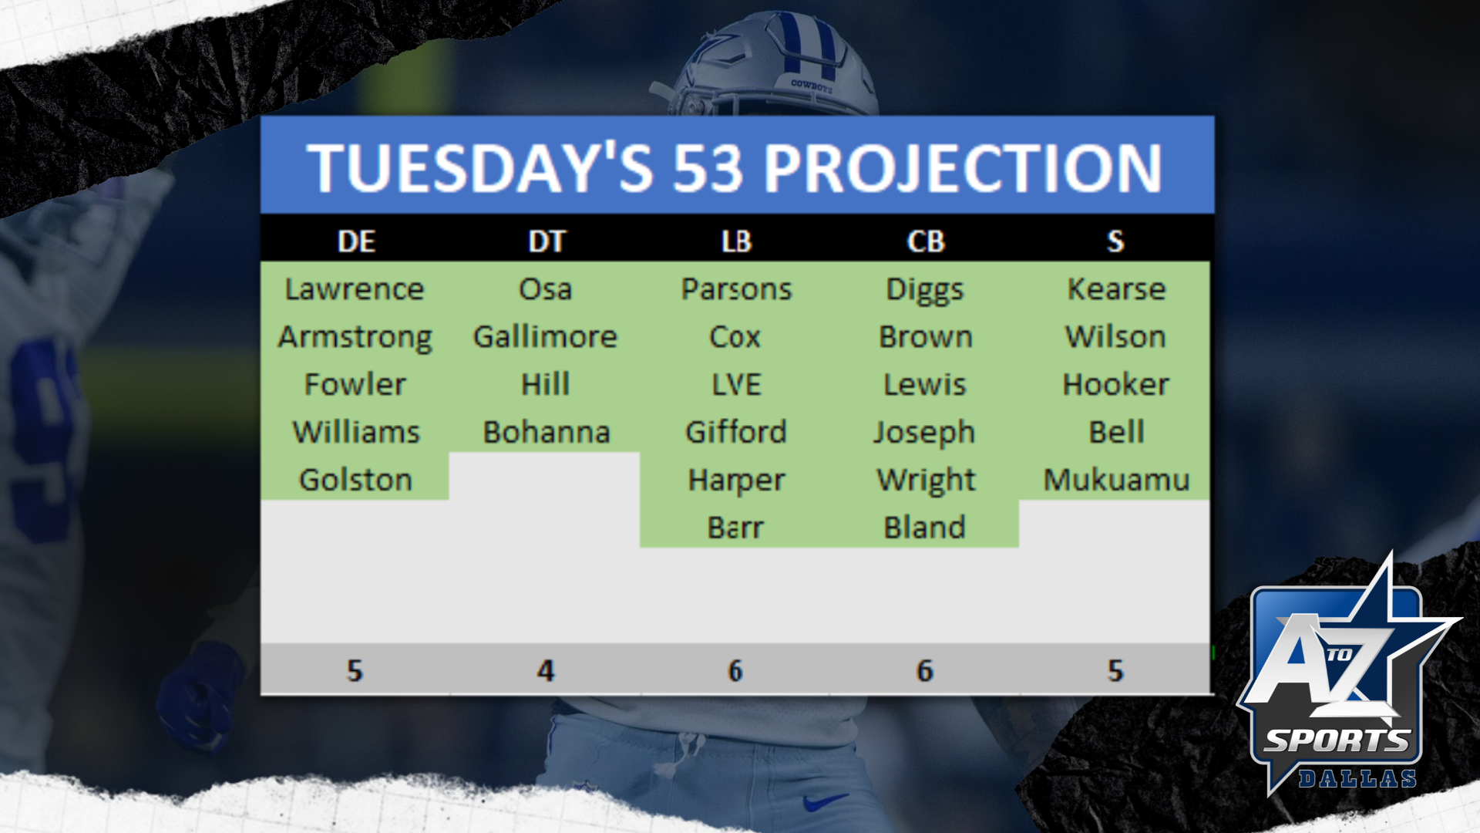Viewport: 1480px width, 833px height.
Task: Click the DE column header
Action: pos(356,241)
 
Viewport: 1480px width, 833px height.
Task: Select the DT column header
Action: pos(547,241)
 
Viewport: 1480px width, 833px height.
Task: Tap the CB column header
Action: pos(926,241)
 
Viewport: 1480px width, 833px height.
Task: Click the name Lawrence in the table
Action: pos(355,289)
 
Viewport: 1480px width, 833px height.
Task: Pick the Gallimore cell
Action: pos(545,337)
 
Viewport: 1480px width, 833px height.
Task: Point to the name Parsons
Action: pos(736,289)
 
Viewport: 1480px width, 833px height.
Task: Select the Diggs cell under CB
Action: pos(925,291)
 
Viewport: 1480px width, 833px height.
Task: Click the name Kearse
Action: pos(1116,289)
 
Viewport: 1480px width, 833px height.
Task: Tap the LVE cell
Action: pos(736,384)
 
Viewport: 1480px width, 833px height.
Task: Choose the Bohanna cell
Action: pos(547,432)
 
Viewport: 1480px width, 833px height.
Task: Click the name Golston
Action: pos(355,480)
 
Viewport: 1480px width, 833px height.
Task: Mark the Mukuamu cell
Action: pos(1116,480)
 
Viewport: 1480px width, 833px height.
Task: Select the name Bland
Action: pos(925,528)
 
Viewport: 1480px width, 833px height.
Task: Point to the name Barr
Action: pos(735,528)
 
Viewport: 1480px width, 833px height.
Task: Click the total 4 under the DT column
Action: pos(546,670)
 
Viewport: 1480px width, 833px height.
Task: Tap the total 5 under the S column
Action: pos(1115,670)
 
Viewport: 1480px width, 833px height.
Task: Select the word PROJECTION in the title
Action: pos(962,168)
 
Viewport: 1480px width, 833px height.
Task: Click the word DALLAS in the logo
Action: pos(1357,778)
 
